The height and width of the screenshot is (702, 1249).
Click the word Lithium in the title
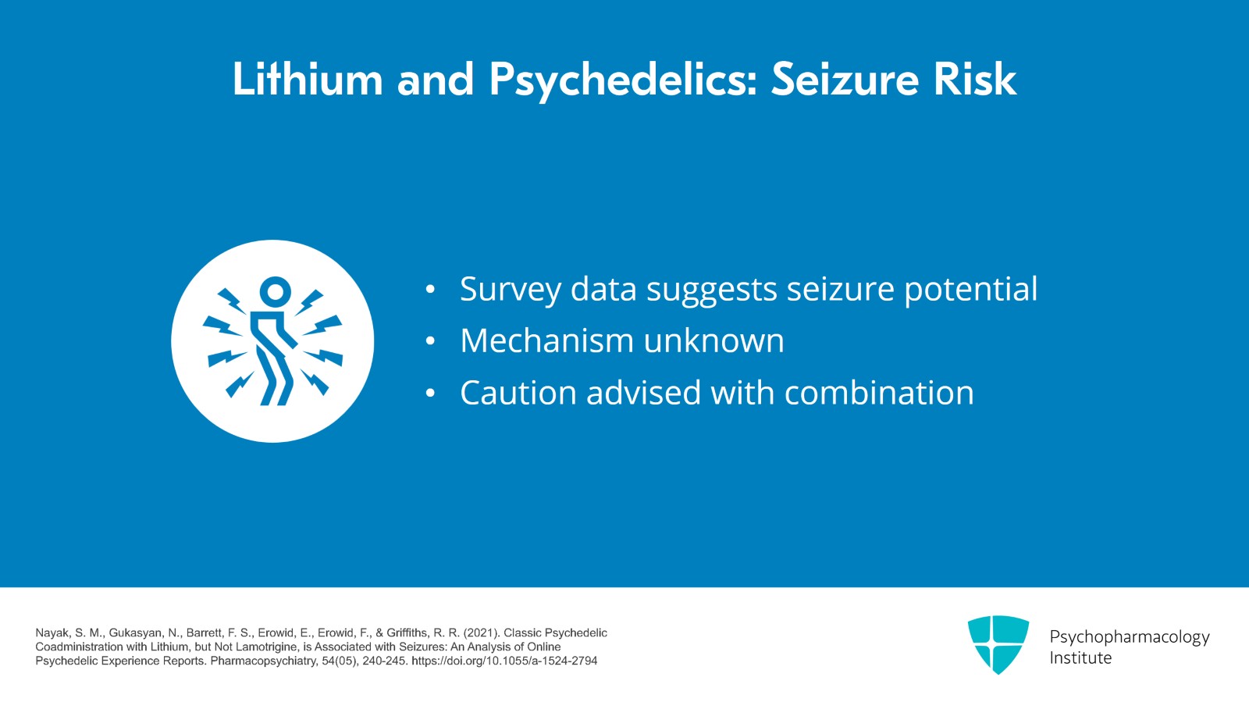(x=307, y=79)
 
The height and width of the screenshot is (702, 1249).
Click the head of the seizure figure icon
(x=275, y=292)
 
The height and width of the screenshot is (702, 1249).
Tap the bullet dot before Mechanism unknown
(x=430, y=342)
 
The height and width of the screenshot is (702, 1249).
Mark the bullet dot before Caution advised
(x=430, y=394)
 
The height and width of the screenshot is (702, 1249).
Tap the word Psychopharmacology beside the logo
(x=1129, y=637)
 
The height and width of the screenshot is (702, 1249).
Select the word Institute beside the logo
(x=1080, y=658)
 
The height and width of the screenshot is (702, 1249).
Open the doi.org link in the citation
(x=504, y=661)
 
